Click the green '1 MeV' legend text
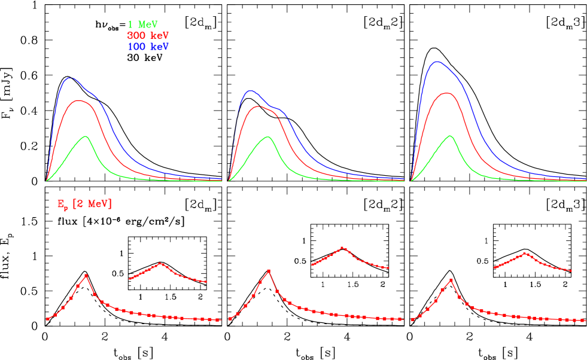pyautogui.click(x=142, y=25)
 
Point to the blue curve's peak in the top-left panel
pyautogui.click(x=71, y=78)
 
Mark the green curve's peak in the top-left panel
pyautogui.click(x=87, y=136)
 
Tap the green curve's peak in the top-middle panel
pyautogui.click(x=268, y=137)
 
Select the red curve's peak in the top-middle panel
pyautogui.click(x=257, y=106)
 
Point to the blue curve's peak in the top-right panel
pyautogui.click(x=437, y=61)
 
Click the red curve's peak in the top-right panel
pyautogui.click(x=446, y=93)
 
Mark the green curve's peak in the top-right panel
pyautogui.click(x=450, y=136)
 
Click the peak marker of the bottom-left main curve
pyautogui.click(x=87, y=276)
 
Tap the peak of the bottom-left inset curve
pyautogui.click(x=160, y=263)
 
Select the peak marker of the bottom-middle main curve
pyautogui.click(x=269, y=270)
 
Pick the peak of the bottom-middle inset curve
pyautogui.click(x=342, y=247)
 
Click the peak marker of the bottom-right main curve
pyautogui.click(x=451, y=279)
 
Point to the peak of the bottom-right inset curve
pyautogui.click(x=525, y=253)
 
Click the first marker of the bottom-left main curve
pyautogui.click(x=48, y=319)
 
